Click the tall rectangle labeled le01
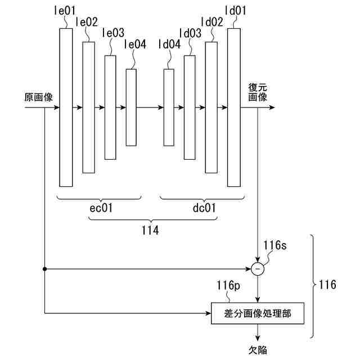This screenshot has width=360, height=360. coord(66,107)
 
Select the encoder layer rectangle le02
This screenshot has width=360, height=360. coord(88,107)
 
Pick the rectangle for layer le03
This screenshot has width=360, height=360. coord(110,107)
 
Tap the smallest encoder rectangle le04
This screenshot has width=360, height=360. coord(130,107)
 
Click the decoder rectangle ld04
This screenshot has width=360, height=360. coord(168,107)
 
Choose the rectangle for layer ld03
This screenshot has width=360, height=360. coord(190,107)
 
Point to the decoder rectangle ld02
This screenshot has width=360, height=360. coord(211,107)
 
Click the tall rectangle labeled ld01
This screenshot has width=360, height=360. coord(233,107)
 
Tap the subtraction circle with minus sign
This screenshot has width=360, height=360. coord(258,269)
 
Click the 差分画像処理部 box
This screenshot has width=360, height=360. coord(258,313)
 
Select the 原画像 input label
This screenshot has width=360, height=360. coord(38,97)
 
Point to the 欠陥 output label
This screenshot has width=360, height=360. coord(258,350)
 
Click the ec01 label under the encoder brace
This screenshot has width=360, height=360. coord(101,208)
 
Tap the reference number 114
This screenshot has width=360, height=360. coord(150,230)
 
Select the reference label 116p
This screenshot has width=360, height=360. coord(227,287)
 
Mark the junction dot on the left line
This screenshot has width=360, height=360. coord(44,269)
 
